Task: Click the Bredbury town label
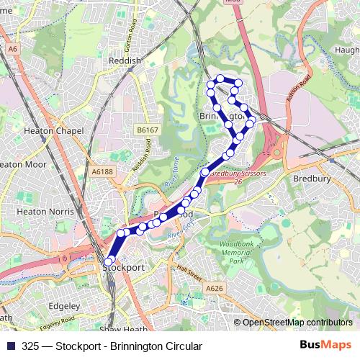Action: pos(311,177)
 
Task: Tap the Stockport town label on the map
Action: pos(124,267)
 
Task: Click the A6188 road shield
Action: pos(102,171)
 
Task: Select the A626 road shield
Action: pos(214,288)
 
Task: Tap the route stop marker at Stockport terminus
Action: pos(109,262)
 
